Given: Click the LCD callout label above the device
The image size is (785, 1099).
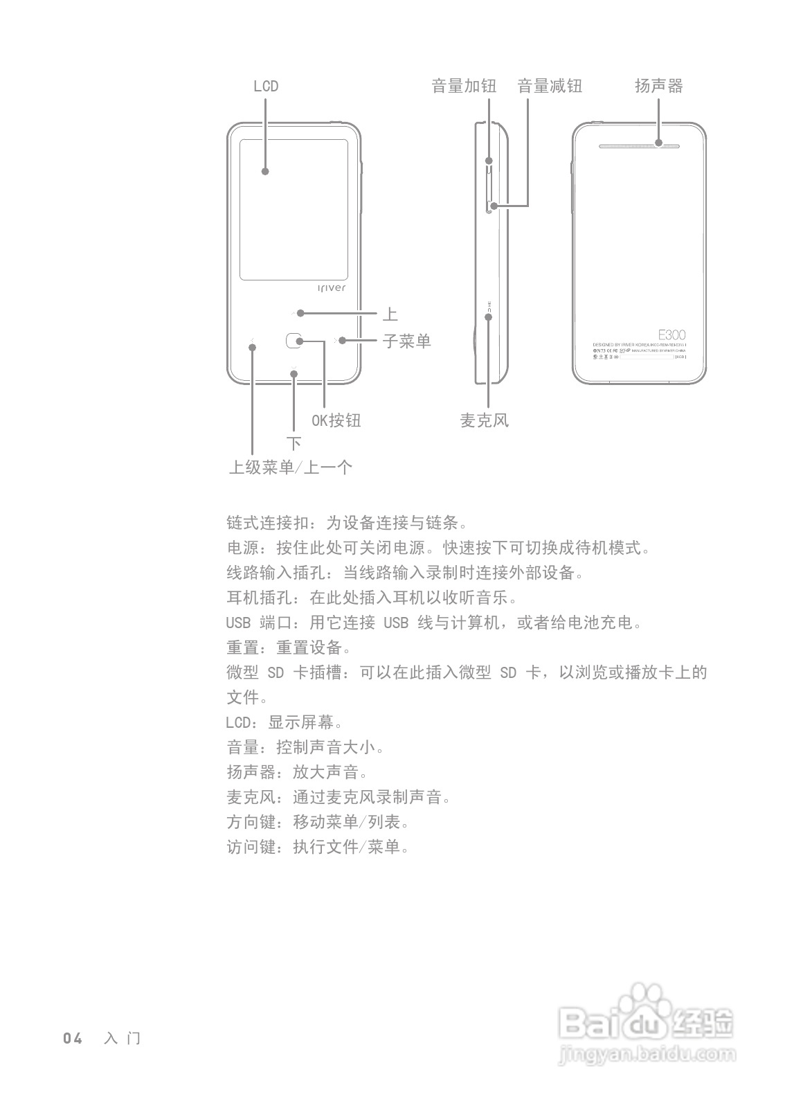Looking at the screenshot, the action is tap(266, 86).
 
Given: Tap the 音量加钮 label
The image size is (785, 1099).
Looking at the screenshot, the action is tap(464, 86).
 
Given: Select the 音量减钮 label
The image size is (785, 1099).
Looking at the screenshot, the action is tap(550, 86).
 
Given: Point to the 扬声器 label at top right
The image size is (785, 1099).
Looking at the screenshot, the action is tap(659, 86).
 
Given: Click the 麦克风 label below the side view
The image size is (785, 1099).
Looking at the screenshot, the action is tap(485, 420).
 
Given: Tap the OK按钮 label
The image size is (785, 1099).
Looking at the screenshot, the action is tap(336, 420).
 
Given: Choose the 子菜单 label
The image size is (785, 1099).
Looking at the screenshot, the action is tap(407, 341).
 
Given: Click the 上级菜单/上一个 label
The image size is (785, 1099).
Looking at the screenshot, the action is tap(291, 467).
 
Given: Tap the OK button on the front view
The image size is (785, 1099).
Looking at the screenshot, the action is tap(294, 340).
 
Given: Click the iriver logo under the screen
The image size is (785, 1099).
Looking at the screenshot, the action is tap(331, 288).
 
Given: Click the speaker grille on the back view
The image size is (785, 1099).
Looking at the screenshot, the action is tap(639, 147).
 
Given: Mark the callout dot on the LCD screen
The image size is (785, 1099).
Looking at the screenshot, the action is tap(265, 171).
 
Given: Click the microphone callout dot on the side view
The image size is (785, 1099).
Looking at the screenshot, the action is tap(489, 316).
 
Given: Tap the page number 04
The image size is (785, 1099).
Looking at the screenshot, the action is tap(73, 1038).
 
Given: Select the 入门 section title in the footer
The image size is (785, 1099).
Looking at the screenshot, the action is tap(122, 1038).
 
